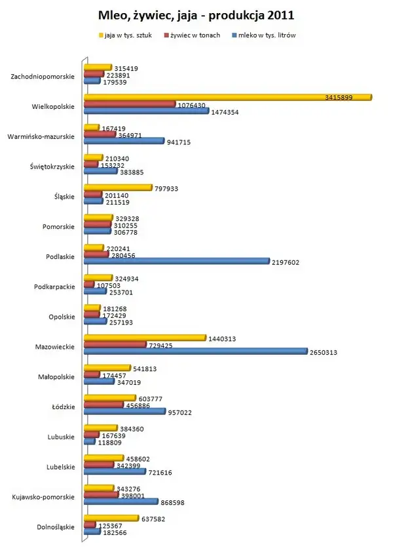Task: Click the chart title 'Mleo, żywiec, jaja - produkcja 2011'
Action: point(196,14)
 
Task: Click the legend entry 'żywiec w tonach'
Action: point(196,35)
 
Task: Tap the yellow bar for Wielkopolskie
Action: point(227,97)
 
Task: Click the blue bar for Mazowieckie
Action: point(195,351)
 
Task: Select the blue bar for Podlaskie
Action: point(176,261)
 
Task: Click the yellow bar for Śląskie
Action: point(117,188)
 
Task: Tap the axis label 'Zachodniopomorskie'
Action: point(43,77)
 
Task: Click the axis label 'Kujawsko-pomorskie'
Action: point(42,497)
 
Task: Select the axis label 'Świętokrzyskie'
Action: point(52,167)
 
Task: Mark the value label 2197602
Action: point(286,261)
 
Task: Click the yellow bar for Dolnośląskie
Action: point(111,519)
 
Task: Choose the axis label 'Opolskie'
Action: point(61,317)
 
